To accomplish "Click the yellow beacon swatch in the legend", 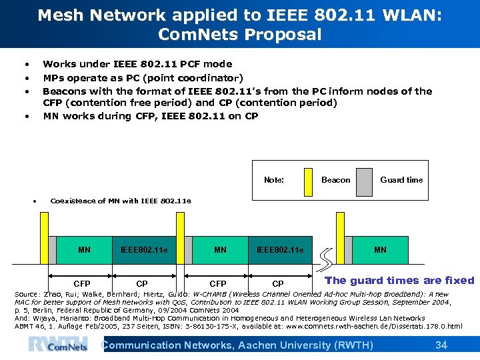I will click(x=308, y=180).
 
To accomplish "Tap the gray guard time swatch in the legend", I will click(x=363, y=180).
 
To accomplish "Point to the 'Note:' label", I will click(x=274, y=180).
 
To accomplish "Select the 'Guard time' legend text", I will click(x=401, y=180).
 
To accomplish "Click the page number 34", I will click(x=441, y=345).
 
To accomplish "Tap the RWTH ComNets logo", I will click(x=58, y=344).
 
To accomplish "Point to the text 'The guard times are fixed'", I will click(x=399, y=281).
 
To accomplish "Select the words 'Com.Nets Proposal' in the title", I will click(x=240, y=35).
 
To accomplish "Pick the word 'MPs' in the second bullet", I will click(x=53, y=78).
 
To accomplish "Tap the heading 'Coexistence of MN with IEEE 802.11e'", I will click(x=121, y=201).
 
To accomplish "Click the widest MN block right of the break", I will click(x=380, y=250).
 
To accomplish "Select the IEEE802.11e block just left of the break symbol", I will click(x=280, y=250).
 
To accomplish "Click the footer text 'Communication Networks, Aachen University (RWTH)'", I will click(x=237, y=345).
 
